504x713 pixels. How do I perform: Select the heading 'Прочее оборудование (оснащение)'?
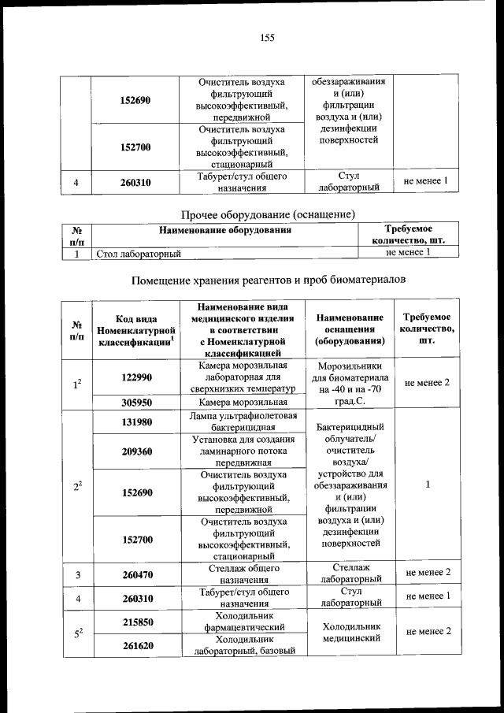click(x=268, y=214)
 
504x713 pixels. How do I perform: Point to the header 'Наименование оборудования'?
click(x=225, y=231)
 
